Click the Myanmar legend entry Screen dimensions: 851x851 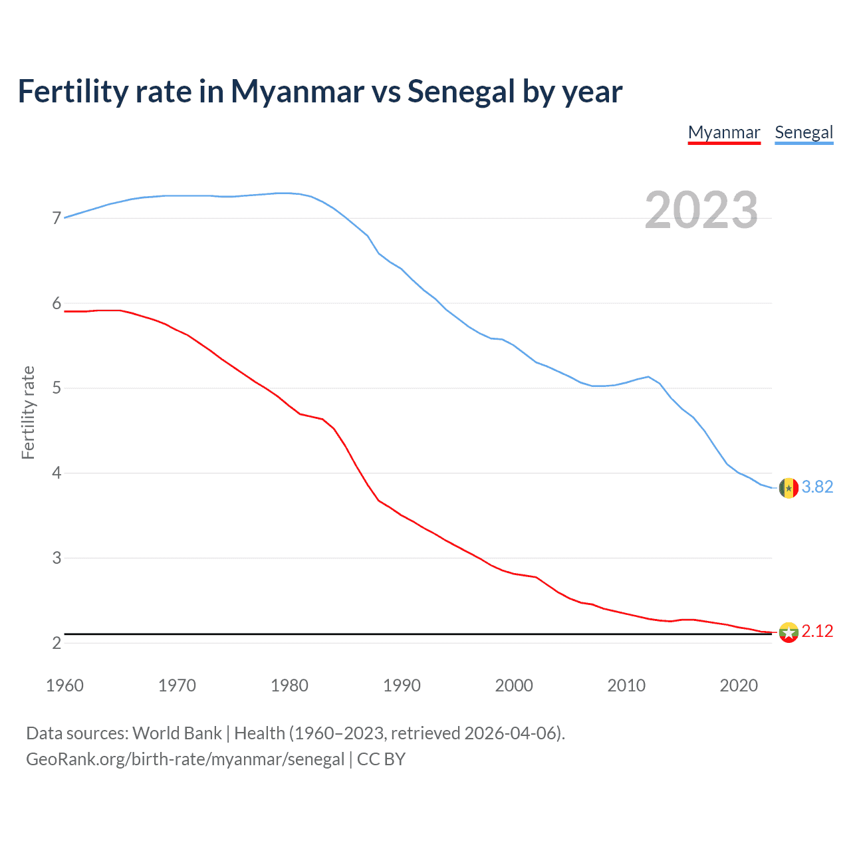coord(724,132)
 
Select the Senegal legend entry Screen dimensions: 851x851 coord(804,132)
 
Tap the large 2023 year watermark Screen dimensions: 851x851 coord(701,210)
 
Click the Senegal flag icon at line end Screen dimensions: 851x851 coord(789,488)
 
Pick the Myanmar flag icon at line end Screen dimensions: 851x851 coord(789,632)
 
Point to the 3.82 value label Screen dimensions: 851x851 coord(817,487)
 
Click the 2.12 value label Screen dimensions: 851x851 coord(817,632)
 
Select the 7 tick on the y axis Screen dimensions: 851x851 coord(57,219)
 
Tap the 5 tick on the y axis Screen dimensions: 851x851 coord(57,388)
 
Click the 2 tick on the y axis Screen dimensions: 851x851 coord(57,643)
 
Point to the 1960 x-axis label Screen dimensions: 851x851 coord(64,685)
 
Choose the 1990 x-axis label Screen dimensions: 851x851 coord(402,685)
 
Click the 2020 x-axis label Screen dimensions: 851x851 coord(739,685)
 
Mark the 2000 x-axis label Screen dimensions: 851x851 coord(514,685)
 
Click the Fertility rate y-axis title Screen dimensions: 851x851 coord(28,412)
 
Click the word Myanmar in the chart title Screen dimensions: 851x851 coord(297,92)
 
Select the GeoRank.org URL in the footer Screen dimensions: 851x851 coord(185,759)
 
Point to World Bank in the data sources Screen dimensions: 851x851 coord(177,733)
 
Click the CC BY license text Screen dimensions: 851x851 coord(381,759)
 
